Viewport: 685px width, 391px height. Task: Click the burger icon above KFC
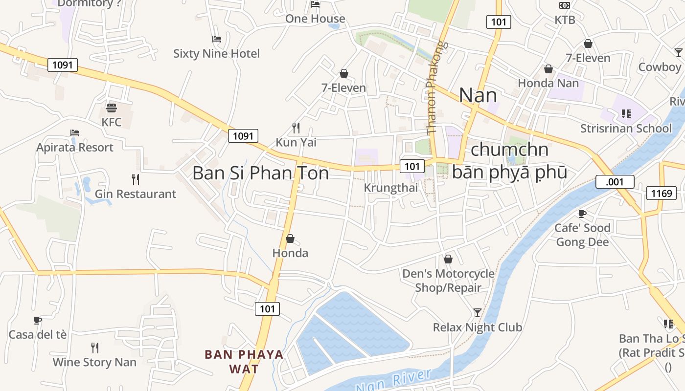[x=112, y=108]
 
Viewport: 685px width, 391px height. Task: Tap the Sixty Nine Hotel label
[x=216, y=53]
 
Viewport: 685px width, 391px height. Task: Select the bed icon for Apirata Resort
[x=75, y=133]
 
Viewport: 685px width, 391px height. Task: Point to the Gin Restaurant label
[x=136, y=194]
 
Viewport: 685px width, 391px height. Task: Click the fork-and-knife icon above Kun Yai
[x=296, y=128]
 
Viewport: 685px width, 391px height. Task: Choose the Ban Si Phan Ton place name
[x=260, y=173]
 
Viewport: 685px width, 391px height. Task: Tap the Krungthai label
[x=390, y=188]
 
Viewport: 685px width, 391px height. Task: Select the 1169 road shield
[x=661, y=193]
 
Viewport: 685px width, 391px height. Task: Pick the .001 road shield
[x=615, y=182]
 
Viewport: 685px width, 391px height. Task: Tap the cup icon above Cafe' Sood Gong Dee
[x=582, y=214]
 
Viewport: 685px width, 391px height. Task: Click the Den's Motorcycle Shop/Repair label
[x=448, y=281]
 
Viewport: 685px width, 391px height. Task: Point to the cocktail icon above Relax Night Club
[x=478, y=313]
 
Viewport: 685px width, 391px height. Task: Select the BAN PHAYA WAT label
[x=244, y=361]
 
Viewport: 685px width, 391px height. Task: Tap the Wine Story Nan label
[x=94, y=362]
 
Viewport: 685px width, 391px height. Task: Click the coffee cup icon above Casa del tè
[x=38, y=320]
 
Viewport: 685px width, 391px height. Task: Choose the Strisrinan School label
[x=626, y=129]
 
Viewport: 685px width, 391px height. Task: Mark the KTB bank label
[x=565, y=20]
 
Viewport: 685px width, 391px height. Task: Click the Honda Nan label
[x=548, y=83]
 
